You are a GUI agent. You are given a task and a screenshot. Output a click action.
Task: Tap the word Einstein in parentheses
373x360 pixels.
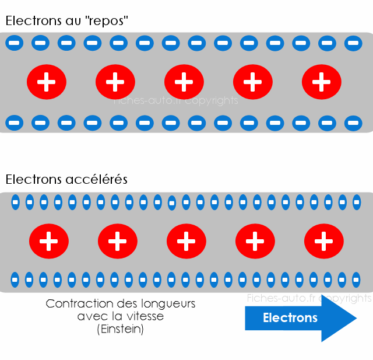120,329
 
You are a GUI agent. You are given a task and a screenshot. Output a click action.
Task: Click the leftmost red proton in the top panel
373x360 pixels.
47,82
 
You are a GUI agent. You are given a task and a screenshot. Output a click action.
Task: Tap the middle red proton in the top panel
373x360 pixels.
184,82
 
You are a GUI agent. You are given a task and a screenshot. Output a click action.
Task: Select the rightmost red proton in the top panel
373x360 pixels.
322,82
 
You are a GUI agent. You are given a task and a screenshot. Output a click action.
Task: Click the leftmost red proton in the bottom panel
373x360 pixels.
49,241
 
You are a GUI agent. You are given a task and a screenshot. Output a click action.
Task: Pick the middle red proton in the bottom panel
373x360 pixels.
186,241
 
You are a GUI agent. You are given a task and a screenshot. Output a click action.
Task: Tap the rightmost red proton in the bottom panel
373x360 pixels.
324,241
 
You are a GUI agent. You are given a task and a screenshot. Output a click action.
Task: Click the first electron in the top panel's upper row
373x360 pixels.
15,43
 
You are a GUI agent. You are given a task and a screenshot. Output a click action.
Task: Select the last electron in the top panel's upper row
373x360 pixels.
353,43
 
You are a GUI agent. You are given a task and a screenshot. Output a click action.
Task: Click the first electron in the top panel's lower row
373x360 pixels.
15,123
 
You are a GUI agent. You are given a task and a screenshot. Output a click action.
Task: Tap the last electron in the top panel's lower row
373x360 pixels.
353,123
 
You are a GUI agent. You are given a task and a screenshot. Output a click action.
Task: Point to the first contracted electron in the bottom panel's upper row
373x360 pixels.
16,202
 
